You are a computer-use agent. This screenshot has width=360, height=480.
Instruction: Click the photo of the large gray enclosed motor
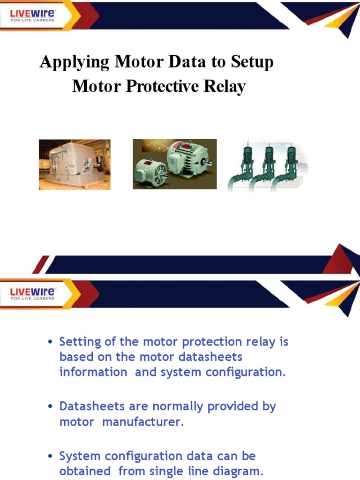click(x=75, y=165)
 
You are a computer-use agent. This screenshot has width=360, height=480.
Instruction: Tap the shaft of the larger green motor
click(x=206, y=164)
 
